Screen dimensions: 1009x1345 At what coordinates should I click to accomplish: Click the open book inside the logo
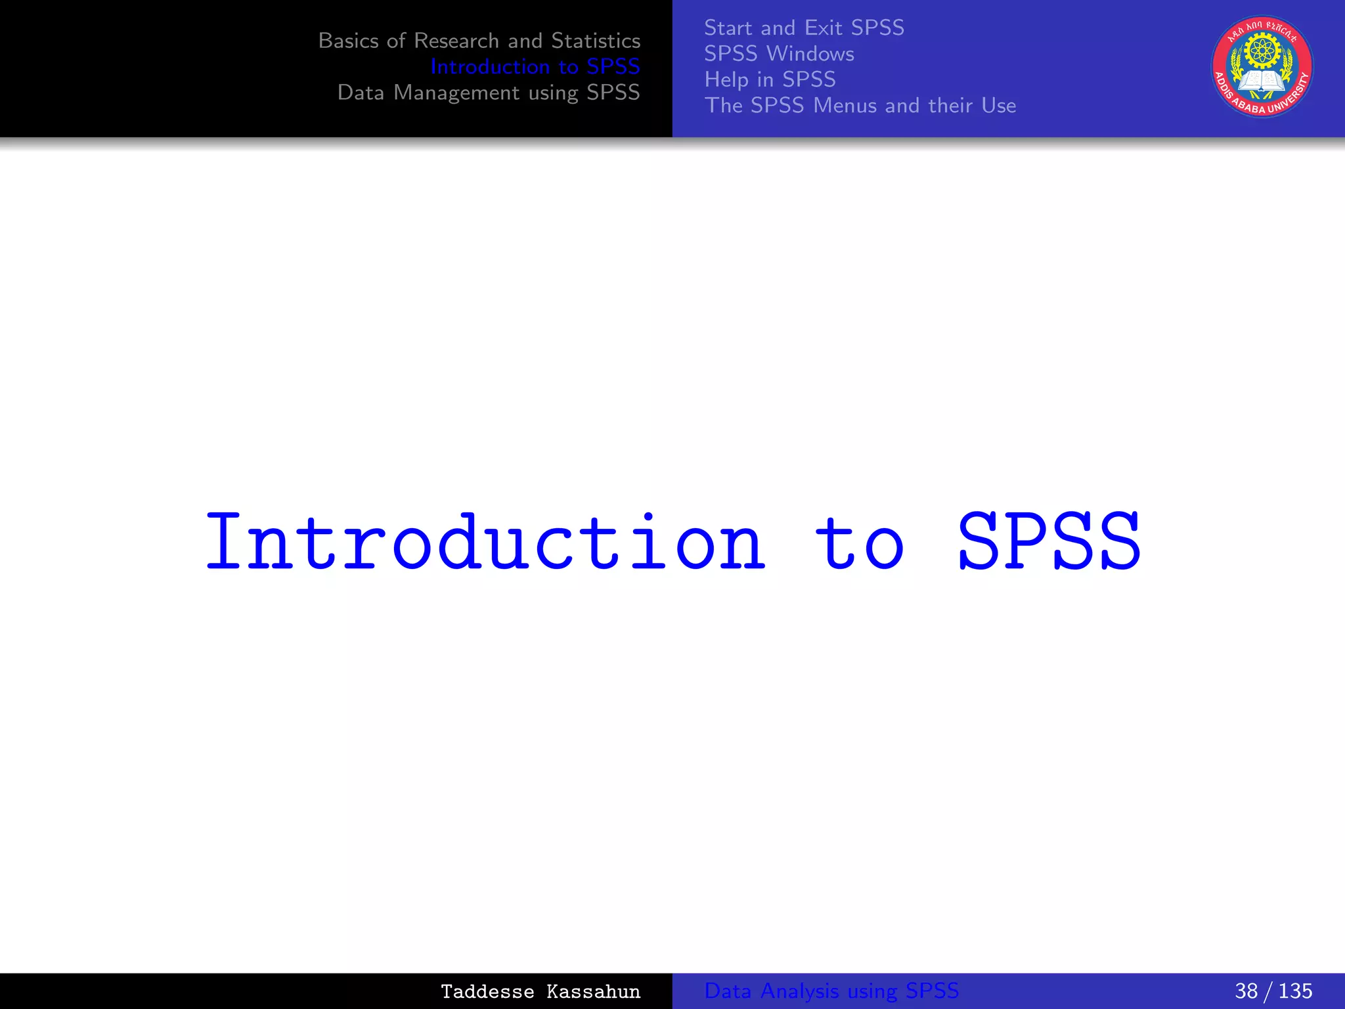click(x=1261, y=81)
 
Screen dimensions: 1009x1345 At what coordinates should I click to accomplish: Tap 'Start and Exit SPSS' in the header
click(x=804, y=28)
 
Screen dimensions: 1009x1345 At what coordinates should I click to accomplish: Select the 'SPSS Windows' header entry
click(x=779, y=53)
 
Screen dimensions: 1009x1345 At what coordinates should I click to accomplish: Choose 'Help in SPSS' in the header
click(x=770, y=79)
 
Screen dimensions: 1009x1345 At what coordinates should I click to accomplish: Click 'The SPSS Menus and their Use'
click(x=860, y=105)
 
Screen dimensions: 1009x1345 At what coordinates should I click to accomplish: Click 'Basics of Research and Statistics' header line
click(x=479, y=41)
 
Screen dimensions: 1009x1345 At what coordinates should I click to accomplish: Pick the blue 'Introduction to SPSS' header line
click(x=535, y=66)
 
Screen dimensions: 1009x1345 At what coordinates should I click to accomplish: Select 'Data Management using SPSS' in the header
click(x=488, y=93)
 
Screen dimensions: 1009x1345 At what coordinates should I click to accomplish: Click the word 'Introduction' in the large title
click(x=485, y=542)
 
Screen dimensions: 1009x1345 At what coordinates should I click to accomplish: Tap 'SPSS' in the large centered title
click(x=1049, y=542)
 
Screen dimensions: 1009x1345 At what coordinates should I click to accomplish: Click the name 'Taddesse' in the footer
click(x=487, y=991)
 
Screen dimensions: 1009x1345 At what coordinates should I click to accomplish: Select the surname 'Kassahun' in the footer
click(x=593, y=991)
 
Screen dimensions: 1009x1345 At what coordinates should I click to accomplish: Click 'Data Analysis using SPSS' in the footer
click(x=831, y=991)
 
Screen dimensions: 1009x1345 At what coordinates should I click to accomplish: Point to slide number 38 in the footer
click(x=1246, y=991)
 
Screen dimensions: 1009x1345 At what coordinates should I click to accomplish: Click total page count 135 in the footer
click(x=1295, y=991)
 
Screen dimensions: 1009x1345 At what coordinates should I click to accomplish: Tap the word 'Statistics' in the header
click(x=596, y=41)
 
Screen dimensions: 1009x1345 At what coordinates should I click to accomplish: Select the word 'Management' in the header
click(x=456, y=93)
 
